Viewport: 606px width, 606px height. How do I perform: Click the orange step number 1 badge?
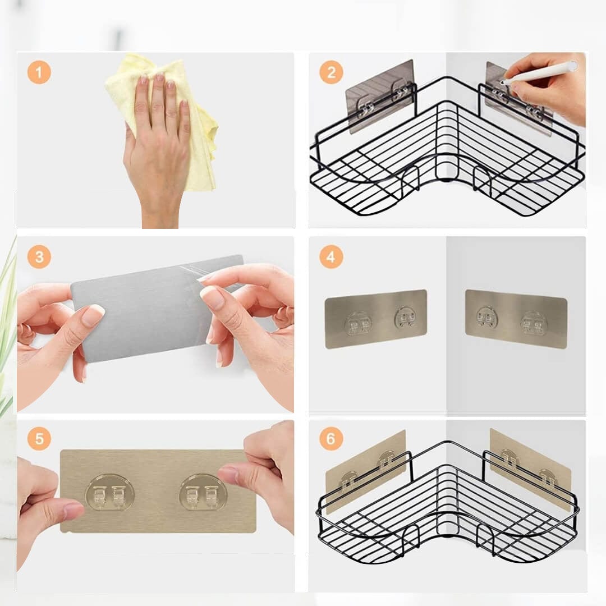pyautogui.click(x=39, y=72)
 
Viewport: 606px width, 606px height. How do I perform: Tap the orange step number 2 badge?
pyautogui.click(x=331, y=72)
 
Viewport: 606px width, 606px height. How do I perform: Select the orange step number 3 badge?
pyautogui.click(x=39, y=257)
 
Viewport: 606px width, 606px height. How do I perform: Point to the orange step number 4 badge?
pyautogui.click(x=331, y=257)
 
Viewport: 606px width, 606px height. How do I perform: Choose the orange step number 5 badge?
pyautogui.click(x=39, y=438)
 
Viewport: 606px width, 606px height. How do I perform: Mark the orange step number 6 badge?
pyautogui.click(x=331, y=438)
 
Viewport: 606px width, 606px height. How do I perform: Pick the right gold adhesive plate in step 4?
pyautogui.click(x=515, y=318)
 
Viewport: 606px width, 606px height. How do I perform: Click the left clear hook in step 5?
pyautogui.click(x=109, y=493)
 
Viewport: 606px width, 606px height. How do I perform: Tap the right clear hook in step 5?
pyautogui.click(x=203, y=493)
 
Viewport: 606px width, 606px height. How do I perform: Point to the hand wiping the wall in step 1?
pyautogui.click(x=157, y=146)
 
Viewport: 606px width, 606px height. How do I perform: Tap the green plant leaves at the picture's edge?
pyautogui.click(x=7, y=314)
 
